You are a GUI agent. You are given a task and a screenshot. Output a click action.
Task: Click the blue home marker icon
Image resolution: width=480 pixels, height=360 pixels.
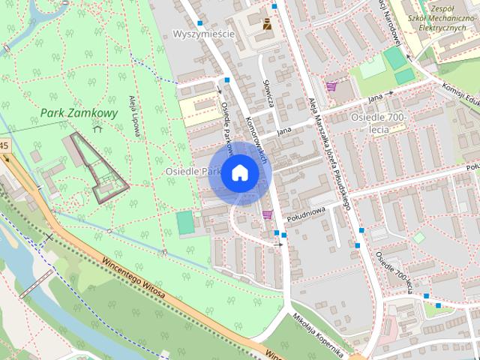[239, 173]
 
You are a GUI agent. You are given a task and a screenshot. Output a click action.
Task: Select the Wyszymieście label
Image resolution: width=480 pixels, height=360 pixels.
[203, 34]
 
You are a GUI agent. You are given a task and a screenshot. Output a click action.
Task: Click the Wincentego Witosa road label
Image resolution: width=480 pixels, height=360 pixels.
[132, 280]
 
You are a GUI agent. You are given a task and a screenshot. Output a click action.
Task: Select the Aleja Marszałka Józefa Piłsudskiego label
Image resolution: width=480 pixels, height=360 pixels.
[330, 151]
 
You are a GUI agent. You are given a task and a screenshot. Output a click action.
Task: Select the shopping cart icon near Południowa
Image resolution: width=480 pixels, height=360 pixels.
[267, 214]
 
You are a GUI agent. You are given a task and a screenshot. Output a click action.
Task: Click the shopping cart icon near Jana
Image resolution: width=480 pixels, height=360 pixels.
[331, 86]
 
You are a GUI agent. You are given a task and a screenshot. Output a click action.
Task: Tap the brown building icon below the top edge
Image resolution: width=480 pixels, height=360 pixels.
[266, 23]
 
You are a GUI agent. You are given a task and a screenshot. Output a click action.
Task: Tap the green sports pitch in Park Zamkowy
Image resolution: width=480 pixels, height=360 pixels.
[184, 223]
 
